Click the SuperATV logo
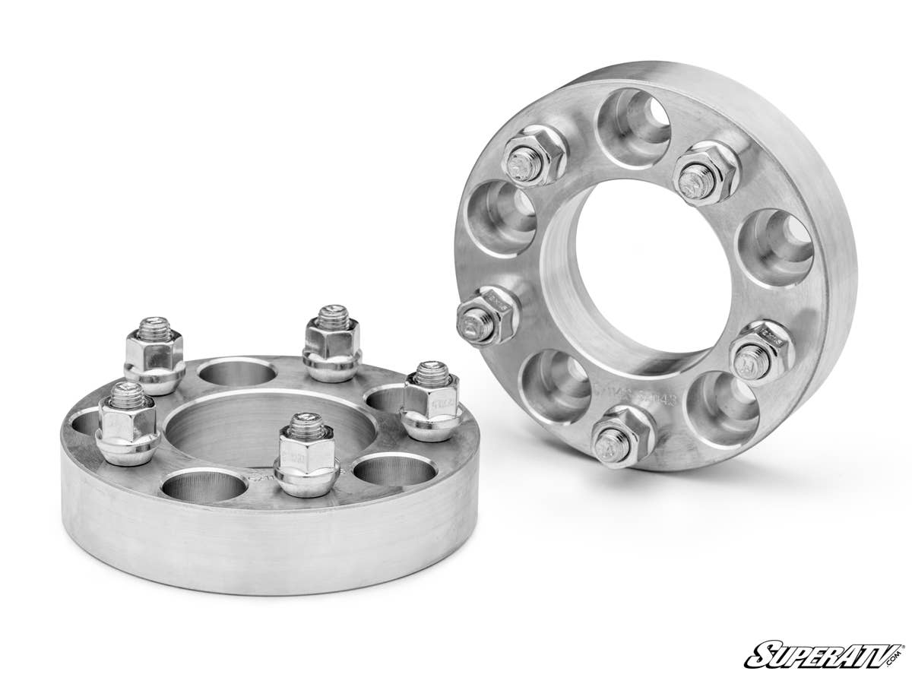pyautogui.click(x=825, y=654)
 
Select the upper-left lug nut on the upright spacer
pyautogui.click(x=535, y=156)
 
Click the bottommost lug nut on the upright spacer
pyautogui.click(x=622, y=439)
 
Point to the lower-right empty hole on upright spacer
pyautogui.click(x=722, y=407)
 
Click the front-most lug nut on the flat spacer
pyautogui.click(x=307, y=455)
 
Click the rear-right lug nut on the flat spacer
pyautogui.click(x=332, y=345)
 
